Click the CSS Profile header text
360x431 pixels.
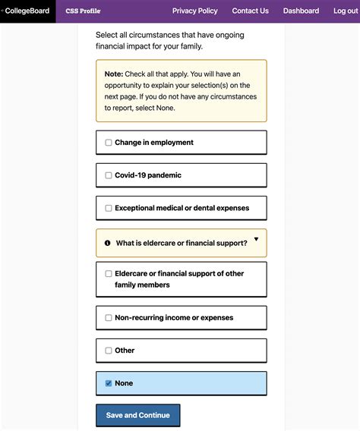[83, 11]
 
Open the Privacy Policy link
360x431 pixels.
[194, 11]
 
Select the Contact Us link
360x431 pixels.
[250, 11]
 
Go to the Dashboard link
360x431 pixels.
[301, 11]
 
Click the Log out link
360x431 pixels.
[346, 11]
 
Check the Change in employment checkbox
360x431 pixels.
[108, 143]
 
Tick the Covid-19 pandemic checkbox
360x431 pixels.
[108, 175]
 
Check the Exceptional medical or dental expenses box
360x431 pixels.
[108, 208]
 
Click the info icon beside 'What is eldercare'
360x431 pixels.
[107, 244]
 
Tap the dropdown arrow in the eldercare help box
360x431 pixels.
[256, 240]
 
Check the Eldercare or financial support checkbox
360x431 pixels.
[108, 274]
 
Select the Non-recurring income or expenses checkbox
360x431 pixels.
[108, 318]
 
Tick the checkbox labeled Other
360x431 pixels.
[108, 351]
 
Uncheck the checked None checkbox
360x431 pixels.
[108, 383]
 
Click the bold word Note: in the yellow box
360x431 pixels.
[114, 74]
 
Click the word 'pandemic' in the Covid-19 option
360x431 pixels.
[165, 175]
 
